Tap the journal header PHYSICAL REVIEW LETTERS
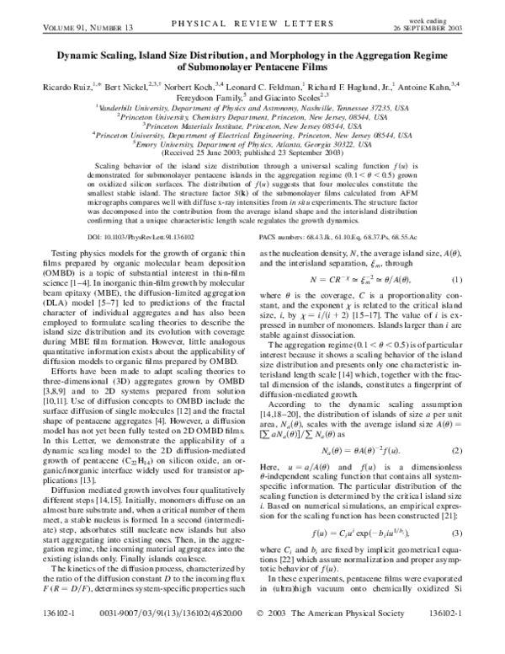coord(252,9)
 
